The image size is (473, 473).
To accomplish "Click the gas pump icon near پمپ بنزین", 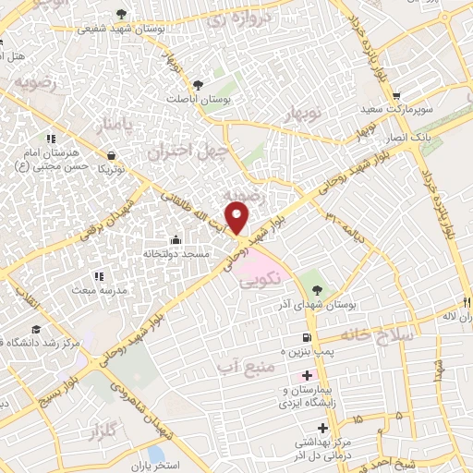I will coord(307,339).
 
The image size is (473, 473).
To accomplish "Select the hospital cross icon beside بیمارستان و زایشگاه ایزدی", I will coord(306,376).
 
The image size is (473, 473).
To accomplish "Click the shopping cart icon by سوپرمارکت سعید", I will coord(395,95).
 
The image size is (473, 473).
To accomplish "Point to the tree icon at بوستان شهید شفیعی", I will coord(122,15).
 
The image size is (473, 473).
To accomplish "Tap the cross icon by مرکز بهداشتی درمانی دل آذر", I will coord(321,428).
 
